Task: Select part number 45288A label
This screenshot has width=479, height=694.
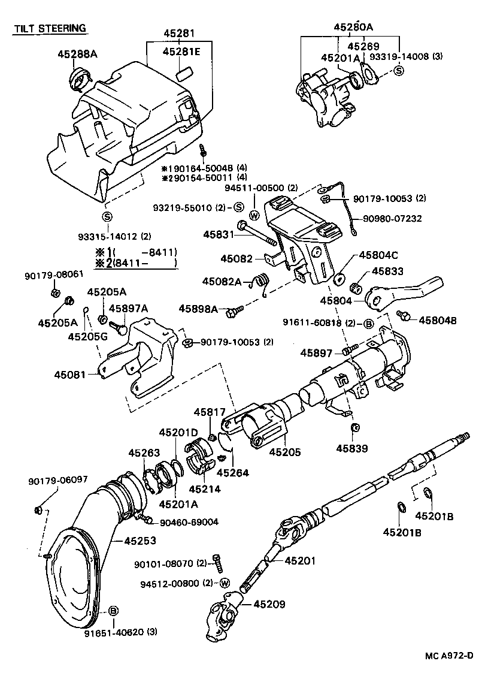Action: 77,54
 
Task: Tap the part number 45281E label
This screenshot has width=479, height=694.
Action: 181,52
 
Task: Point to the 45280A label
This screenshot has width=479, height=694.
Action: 353,26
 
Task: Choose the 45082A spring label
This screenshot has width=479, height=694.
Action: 221,281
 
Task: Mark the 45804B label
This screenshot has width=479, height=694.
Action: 437,321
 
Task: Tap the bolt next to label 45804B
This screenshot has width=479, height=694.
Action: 405,315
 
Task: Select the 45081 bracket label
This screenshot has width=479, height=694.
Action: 68,374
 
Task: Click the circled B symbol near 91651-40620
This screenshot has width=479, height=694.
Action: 113,611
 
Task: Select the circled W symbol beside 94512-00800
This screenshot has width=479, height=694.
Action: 225,583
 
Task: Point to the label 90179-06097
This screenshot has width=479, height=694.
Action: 57,480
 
